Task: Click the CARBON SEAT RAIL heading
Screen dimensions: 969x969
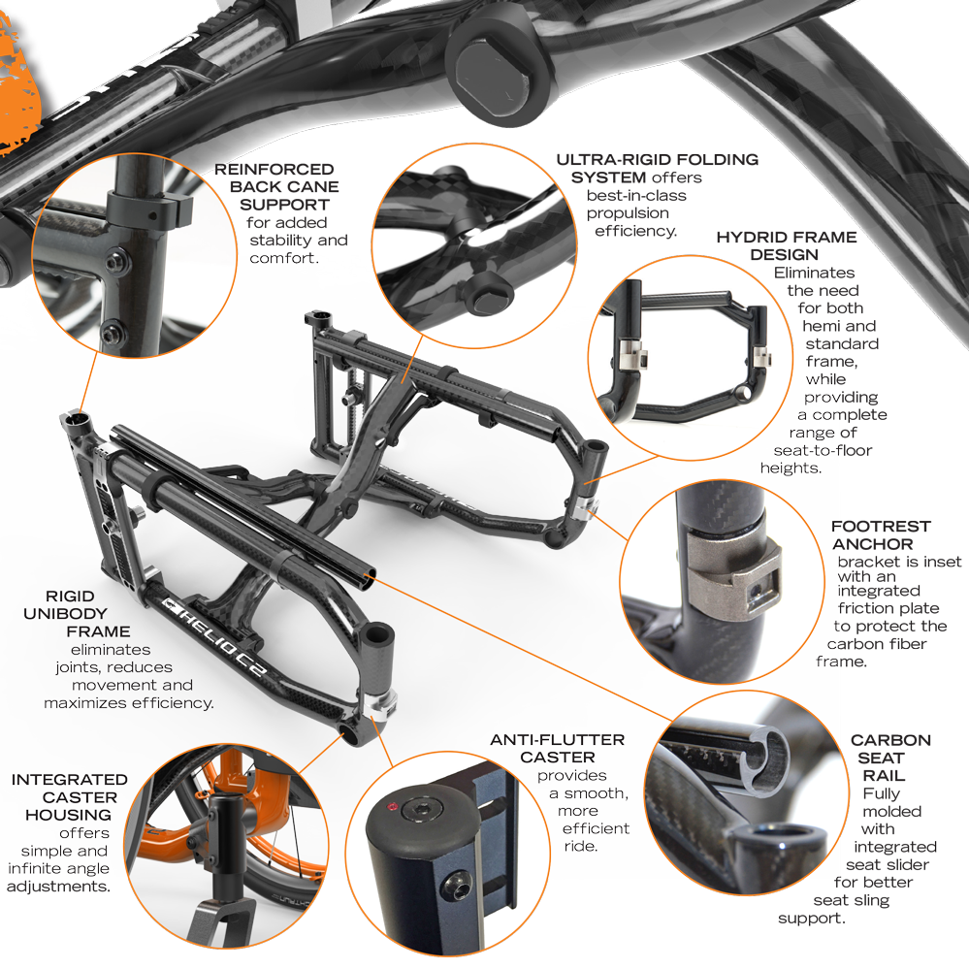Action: coord(889,758)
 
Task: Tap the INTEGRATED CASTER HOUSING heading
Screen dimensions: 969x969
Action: coord(69,797)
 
